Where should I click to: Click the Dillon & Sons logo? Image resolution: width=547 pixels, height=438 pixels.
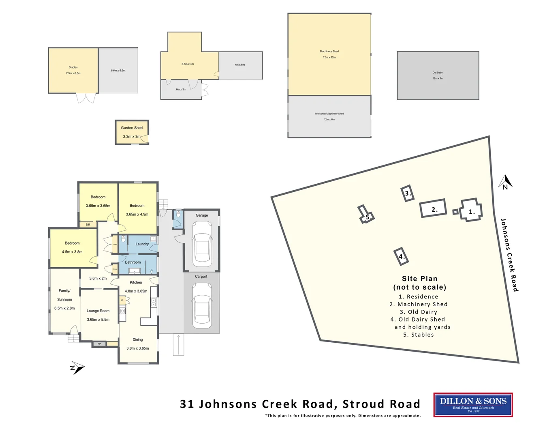click(473, 404)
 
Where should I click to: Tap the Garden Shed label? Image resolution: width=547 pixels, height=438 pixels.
click(132, 128)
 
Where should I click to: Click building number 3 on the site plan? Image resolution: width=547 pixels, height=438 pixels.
click(408, 193)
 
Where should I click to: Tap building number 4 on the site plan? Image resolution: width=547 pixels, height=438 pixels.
click(401, 256)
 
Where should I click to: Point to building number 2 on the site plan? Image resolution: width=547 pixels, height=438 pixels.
click(433, 209)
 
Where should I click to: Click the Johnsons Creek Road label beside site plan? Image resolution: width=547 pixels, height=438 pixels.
click(509, 255)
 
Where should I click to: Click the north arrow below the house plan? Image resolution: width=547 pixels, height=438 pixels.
click(77, 367)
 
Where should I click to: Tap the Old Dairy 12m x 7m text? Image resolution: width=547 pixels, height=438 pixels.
click(438, 75)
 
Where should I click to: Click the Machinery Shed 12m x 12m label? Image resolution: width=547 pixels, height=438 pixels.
click(329, 54)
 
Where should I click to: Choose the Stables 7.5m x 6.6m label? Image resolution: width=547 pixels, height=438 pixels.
click(73, 70)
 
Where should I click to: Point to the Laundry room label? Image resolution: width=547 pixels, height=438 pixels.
click(142, 244)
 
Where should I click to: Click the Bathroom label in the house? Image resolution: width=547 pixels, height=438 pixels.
click(132, 262)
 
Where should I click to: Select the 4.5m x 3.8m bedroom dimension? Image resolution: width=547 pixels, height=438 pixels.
click(72, 252)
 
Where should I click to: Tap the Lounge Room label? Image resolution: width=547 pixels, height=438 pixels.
click(98, 311)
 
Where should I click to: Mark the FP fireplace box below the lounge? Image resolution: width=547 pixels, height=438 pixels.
click(99, 344)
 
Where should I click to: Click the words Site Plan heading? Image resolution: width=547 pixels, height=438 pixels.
click(419, 279)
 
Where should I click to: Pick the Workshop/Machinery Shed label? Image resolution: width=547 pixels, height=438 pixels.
click(329, 114)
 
